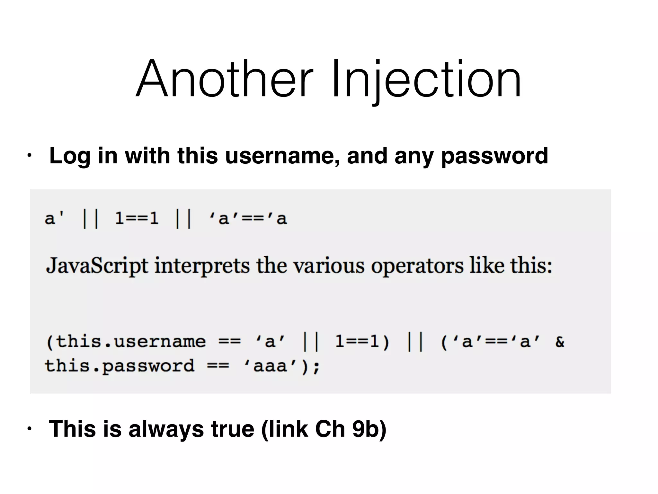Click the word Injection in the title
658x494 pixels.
pos(426,79)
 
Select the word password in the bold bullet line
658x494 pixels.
pos(494,156)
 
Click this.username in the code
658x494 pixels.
pos(126,341)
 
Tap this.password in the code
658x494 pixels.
pos(120,366)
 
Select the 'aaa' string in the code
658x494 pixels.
pos(270,366)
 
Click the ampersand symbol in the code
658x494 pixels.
pos(560,342)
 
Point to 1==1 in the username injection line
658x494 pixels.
pos(137,219)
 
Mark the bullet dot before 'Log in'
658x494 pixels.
pos(29,156)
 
